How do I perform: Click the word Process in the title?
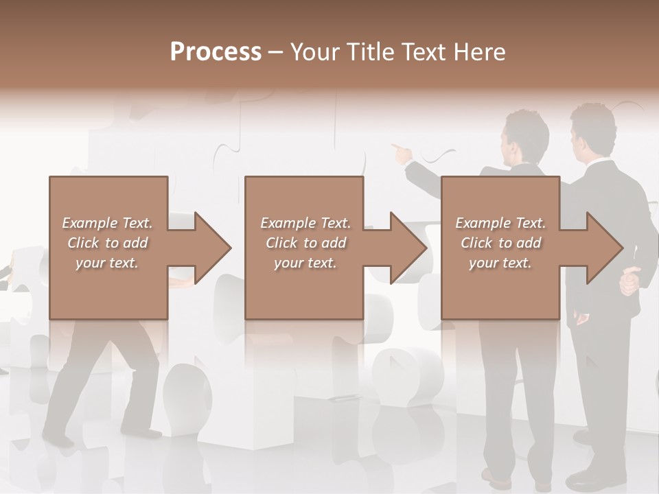(x=216, y=52)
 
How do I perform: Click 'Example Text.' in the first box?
(x=107, y=223)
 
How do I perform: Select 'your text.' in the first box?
(x=107, y=263)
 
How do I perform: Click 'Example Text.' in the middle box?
(x=305, y=223)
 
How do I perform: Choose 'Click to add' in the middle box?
(x=305, y=243)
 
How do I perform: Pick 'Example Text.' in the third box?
(x=500, y=223)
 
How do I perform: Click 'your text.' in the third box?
(x=500, y=263)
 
